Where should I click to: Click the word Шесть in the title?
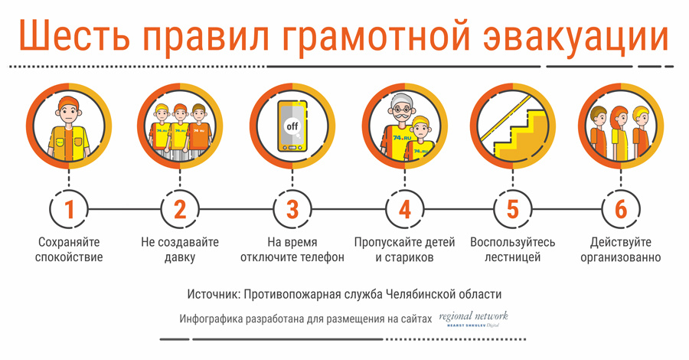tap(75, 35)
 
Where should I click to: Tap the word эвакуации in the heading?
tap(576, 38)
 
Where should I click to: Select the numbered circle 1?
tap(69, 209)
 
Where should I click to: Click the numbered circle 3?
tap(292, 209)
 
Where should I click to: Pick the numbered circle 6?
tap(620, 209)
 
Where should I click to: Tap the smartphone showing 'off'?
tap(292, 126)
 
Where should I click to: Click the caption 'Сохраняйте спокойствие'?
tap(69, 249)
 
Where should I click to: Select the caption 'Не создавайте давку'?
tap(180, 249)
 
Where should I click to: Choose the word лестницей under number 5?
tap(512, 257)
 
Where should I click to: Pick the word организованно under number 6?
tap(620, 257)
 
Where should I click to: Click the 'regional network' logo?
tap(473, 319)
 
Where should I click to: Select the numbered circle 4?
tap(405, 209)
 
